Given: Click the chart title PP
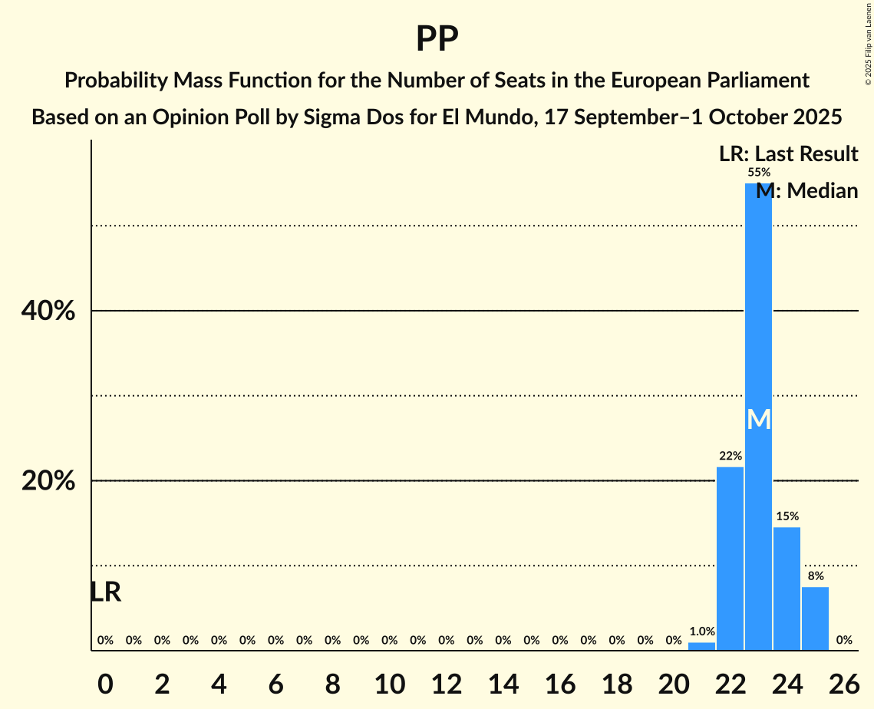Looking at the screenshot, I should [437, 38].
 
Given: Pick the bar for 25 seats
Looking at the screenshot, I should [815, 618].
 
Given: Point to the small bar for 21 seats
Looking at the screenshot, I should [701, 646].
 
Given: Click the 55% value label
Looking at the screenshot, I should [759, 173].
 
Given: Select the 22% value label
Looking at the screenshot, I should [731, 456].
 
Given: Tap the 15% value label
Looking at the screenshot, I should [787, 516].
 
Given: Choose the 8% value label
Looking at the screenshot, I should [816, 576].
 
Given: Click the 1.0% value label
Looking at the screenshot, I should [702, 632].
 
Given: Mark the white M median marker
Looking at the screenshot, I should [758, 419].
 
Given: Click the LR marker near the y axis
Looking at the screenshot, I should [105, 592].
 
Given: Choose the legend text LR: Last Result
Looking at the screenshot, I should [788, 154].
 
